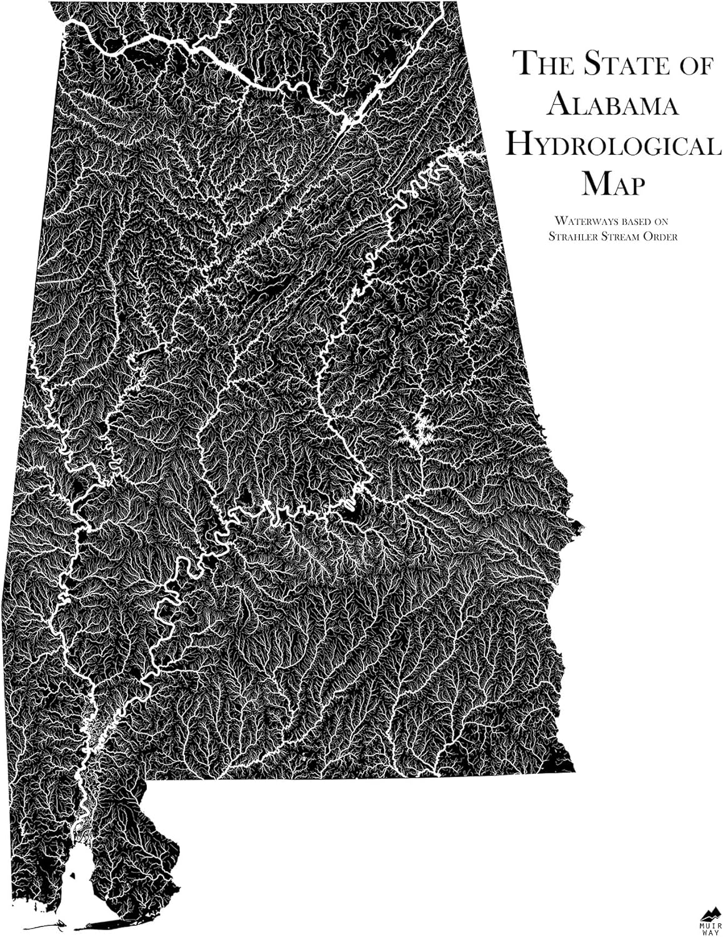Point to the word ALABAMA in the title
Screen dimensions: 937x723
click(x=612, y=105)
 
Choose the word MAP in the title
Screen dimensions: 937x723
click(x=612, y=185)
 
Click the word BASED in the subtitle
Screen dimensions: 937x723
click(x=624, y=221)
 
